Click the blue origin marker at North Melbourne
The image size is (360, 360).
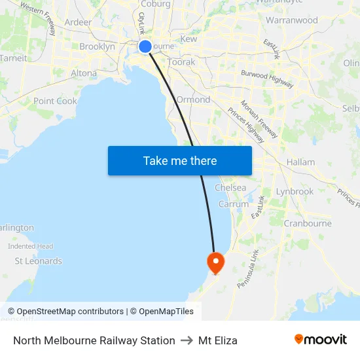[145, 46]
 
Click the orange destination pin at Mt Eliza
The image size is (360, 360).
[215, 262]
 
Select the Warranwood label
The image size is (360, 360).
[291, 20]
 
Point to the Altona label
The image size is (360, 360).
[83, 73]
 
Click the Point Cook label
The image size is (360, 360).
[55, 101]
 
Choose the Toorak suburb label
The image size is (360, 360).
[181, 62]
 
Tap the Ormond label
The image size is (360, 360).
[193, 99]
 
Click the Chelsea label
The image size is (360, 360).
[230, 188]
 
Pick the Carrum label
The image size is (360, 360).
[234, 204]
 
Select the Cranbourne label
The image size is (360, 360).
[308, 223]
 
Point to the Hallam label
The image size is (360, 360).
[300, 162]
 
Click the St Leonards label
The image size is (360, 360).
[39, 261]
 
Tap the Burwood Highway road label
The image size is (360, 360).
[267, 79]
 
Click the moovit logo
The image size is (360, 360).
[321, 340]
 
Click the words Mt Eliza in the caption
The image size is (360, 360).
[218, 340]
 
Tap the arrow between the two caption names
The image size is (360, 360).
[187, 340]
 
